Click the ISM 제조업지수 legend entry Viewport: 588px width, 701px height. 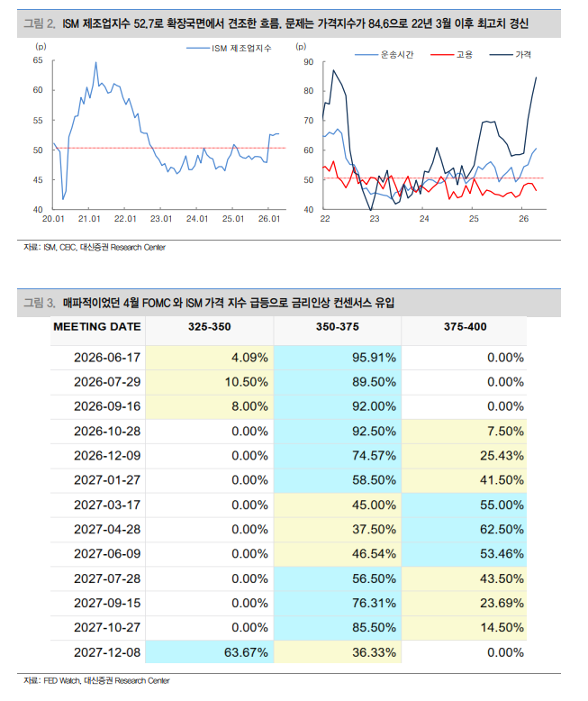click(229, 49)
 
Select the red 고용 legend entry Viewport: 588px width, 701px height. click(451, 55)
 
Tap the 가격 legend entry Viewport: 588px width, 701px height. click(511, 55)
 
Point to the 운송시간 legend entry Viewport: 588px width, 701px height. click(384, 55)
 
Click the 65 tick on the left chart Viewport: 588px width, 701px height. click(38, 60)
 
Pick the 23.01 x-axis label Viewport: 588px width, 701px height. click(161, 219)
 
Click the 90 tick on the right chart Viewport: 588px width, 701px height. click(308, 62)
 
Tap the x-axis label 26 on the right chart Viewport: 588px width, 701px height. click(523, 219)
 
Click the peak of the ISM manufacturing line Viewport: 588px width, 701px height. click(95, 62)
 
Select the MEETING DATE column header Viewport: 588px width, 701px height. click(97, 327)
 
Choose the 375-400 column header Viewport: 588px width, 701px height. click(466, 327)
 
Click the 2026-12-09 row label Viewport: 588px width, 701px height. click(107, 456)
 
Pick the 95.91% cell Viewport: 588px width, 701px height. click(374, 358)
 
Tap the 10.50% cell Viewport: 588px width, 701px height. click(246, 382)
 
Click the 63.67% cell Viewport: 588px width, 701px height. click(246, 652)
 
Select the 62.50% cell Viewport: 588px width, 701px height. click(502, 529)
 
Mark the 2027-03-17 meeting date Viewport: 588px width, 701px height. click(107, 505)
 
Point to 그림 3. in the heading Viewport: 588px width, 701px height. click(40, 303)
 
